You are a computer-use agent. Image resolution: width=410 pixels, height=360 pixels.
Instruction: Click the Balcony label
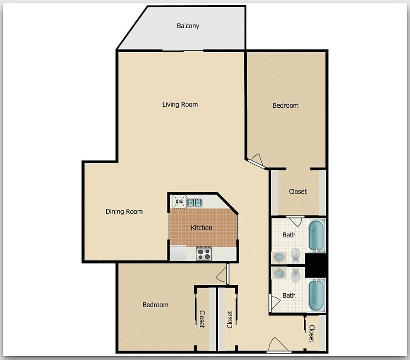tap(188, 26)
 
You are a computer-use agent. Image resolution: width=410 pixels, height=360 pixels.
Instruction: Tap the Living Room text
tap(180, 104)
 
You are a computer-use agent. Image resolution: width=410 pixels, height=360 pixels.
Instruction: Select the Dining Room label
tap(124, 212)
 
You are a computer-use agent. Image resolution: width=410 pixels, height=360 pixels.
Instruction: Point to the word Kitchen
tap(201, 228)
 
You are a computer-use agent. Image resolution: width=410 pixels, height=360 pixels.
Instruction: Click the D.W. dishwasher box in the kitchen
tap(179, 202)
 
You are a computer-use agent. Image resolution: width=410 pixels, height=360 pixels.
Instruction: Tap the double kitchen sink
tap(195, 202)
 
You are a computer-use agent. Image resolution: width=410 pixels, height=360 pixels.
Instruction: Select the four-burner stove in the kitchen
tap(204, 254)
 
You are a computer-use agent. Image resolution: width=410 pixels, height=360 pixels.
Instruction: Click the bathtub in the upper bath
tap(316, 236)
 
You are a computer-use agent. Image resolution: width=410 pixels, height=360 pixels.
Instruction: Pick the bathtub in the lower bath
tap(316, 295)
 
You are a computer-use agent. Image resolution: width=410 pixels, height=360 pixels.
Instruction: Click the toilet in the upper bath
tap(295, 255)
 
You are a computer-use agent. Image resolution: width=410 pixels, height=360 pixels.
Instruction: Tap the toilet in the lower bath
tap(295, 275)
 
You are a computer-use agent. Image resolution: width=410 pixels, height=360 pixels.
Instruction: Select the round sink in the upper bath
tap(279, 257)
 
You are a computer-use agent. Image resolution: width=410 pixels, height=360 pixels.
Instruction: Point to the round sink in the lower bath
tap(279, 273)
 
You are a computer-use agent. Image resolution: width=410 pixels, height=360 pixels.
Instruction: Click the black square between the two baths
tap(315, 265)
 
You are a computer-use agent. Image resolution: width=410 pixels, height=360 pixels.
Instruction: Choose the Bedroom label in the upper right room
tap(285, 105)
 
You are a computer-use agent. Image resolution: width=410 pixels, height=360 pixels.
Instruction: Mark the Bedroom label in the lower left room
tap(155, 305)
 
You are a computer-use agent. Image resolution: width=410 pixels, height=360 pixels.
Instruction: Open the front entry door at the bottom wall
tap(278, 346)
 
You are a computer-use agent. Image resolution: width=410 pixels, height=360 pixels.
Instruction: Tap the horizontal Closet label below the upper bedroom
tap(298, 192)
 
